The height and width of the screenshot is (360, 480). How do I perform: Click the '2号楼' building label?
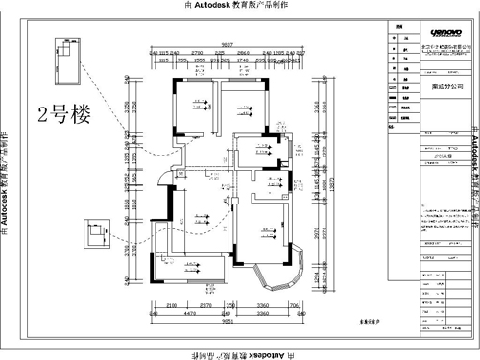tap(62, 118)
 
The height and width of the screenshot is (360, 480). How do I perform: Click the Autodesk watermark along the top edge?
tap(239, 6)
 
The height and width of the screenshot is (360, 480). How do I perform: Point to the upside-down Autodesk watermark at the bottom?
tap(239, 353)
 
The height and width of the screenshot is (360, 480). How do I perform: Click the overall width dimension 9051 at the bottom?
tap(226, 324)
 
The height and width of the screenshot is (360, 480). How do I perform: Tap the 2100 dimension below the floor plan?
tap(171, 305)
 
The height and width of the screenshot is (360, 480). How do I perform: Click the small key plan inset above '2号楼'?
tap(68, 61)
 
